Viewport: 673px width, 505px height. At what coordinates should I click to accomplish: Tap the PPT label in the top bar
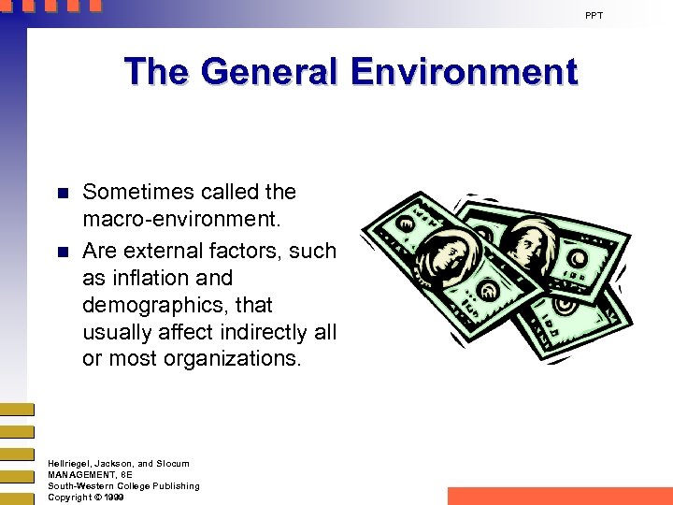pos(594,16)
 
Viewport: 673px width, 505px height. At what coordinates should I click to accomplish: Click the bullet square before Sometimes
pos(63,195)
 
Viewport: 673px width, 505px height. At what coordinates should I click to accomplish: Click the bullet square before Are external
pos(63,252)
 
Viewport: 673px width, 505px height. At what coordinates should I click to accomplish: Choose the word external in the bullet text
pos(161,251)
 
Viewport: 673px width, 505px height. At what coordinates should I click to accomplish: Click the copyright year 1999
pos(114,498)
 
